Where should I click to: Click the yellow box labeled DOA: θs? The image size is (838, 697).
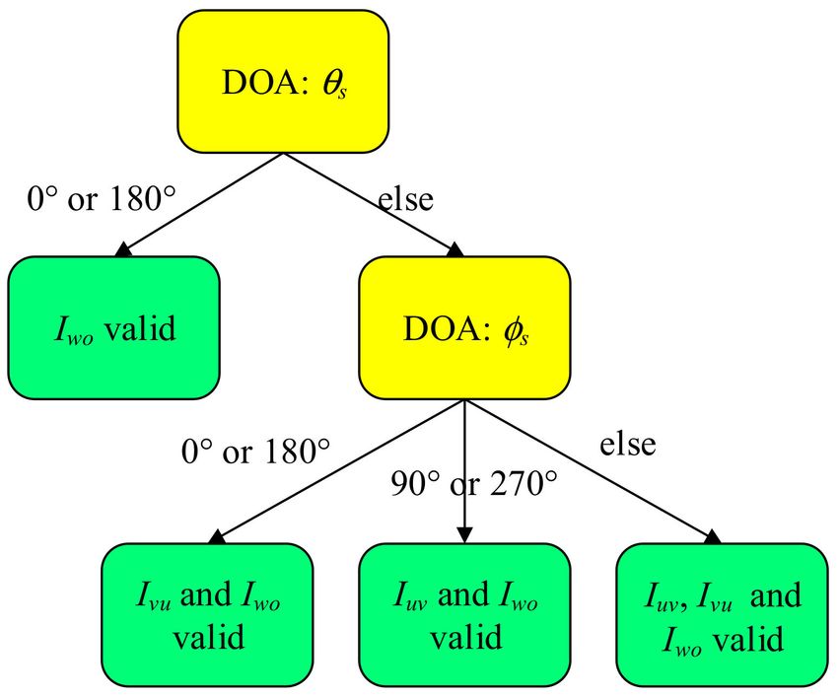pos(283,81)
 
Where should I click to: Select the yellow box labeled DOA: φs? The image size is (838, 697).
pos(464,327)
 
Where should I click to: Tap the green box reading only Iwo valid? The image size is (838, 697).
pos(113,327)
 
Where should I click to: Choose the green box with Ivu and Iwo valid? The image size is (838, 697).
pos(207,615)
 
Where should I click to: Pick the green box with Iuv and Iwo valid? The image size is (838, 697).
pos(464,615)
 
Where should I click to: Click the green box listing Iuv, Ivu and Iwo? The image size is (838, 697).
pos(723,615)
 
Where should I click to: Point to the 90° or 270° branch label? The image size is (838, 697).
pos(474,483)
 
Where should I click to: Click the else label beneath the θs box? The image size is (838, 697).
pos(405,199)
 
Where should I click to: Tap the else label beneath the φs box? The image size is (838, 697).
pos(627,444)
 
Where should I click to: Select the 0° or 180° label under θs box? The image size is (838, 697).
pos(102,198)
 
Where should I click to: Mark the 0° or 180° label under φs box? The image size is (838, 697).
pos(256,451)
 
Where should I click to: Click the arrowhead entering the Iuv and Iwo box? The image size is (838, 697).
pos(465,535)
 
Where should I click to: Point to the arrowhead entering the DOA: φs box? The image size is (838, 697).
pos(454,250)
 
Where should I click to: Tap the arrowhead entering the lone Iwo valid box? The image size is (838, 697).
pos(124,250)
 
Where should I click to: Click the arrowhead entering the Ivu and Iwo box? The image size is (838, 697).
pos(218,537)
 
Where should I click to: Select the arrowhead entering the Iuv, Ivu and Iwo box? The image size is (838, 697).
pos(713,537)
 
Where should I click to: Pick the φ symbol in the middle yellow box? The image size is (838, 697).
pos(511,330)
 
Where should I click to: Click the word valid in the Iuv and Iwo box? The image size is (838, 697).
pos(466,637)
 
